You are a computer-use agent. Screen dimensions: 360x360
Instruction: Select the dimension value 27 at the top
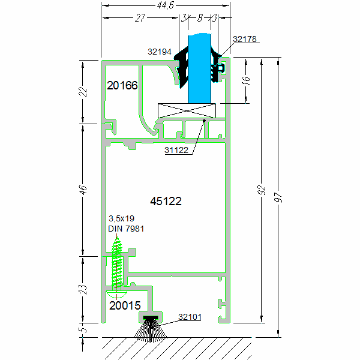coord(140,18)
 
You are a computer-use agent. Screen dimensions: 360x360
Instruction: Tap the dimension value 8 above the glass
coord(199,18)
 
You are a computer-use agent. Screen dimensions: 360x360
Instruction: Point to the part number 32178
coord(245,39)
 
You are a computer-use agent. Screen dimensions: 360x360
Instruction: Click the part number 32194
coord(160,52)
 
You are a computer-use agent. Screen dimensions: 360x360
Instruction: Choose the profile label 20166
coord(122,86)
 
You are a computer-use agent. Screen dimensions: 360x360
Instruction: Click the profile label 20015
coord(125,305)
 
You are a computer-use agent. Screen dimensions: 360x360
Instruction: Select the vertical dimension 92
coord(261,190)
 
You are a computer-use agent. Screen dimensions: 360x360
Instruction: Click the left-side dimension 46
coord(84,190)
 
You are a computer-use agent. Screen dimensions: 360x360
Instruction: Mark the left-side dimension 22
coord(84,91)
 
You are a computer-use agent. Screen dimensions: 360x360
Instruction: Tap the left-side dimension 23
coord(84,289)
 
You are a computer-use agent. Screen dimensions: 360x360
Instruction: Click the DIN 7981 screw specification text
coord(126,229)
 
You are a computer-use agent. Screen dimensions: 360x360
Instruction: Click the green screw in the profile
coord(118,264)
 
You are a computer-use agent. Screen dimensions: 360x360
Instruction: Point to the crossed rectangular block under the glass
coord(187,110)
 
